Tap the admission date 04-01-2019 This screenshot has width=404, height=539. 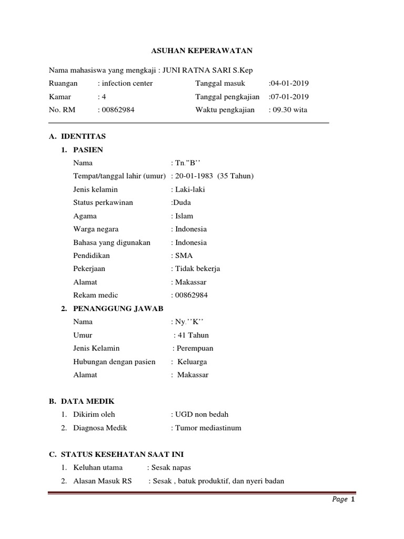(x=289, y=83)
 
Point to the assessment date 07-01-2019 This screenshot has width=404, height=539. (x=289, y=97)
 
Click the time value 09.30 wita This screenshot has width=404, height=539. (x=289, y=110)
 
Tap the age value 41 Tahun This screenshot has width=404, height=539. (x=194, y=335)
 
